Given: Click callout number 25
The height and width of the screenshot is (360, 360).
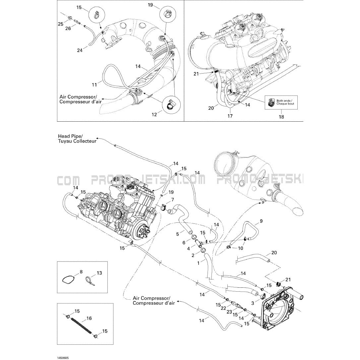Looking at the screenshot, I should tap(60, 24).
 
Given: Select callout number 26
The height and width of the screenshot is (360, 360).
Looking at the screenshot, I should tap(68, 29).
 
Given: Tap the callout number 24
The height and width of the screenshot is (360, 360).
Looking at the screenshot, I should tap(80, 50).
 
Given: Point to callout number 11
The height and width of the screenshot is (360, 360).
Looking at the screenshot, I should tap(94, 85).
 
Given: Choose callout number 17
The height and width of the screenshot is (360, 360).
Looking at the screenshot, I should tap(230, 116).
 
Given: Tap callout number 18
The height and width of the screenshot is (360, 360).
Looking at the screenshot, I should tap(281, 117).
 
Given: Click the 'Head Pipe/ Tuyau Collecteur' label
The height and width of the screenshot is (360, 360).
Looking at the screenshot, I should tap(77, 139).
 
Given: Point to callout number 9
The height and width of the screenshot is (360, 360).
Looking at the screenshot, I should tap(261, 221).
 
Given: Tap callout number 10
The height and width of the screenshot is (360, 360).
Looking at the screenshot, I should tap(241, 248).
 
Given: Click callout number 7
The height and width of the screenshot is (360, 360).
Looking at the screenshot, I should tap(172, 200).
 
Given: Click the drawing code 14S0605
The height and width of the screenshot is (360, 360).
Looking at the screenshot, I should tap(63, 348).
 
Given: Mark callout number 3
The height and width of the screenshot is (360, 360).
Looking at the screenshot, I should tap(253, 303).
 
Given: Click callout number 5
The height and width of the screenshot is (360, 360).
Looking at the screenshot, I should tap(177, 234).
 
